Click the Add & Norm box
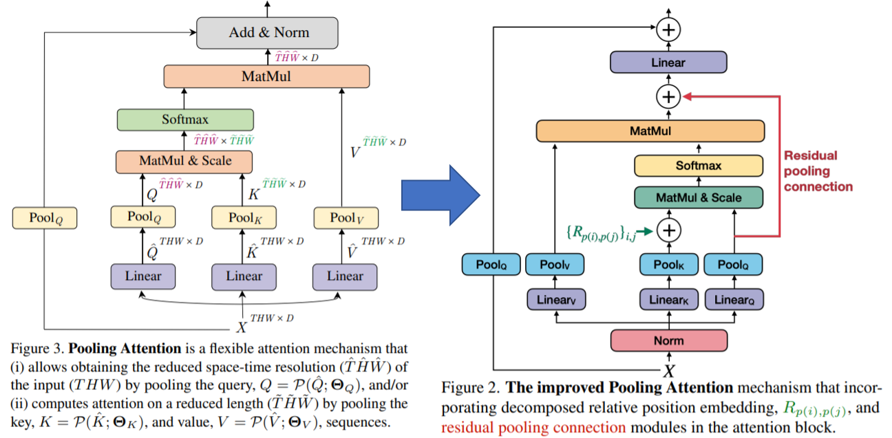pos(268,32)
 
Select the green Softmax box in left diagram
pos(185,119)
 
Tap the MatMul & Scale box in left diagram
pos(185,161)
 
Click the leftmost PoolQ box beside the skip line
pos(44,219)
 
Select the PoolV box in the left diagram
pos(345,217)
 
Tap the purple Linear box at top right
pos(668,63)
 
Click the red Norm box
pos(668,340)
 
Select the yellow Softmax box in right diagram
pos(698,166)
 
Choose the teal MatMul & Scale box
pos(698,198)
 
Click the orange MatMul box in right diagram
pos(650,130)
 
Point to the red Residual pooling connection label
pos(818,171)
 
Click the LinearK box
pos(668,299)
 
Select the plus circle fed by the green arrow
pos(668,230)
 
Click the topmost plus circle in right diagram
pos(668,29)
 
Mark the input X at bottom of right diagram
pos(668,371)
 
